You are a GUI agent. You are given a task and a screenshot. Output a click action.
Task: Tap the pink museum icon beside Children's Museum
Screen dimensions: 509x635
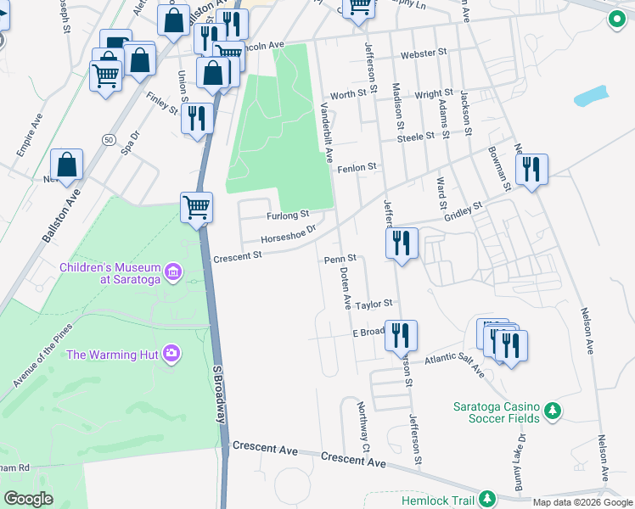(173, 272)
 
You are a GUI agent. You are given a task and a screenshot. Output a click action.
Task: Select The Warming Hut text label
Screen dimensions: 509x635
(112, 354)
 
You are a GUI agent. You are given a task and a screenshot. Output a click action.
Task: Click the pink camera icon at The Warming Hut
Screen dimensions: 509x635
(172, 353)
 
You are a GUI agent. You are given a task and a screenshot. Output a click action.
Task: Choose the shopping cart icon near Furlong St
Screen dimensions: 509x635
(196, 207)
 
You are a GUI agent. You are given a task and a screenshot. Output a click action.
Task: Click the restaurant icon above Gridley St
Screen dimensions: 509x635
(531, 169)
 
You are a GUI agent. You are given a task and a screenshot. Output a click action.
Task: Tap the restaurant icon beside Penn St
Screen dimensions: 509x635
(402, 243)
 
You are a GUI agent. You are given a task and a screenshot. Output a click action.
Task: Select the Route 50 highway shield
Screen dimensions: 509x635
(108, 138)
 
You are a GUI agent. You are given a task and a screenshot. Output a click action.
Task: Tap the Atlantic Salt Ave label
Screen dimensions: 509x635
(454, 362)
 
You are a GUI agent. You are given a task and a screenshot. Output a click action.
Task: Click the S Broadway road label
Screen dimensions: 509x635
(219, 396)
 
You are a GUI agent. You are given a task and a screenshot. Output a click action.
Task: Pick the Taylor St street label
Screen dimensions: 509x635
(374, 304)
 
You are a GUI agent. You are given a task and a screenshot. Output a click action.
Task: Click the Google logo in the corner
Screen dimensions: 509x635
(29, 498)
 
